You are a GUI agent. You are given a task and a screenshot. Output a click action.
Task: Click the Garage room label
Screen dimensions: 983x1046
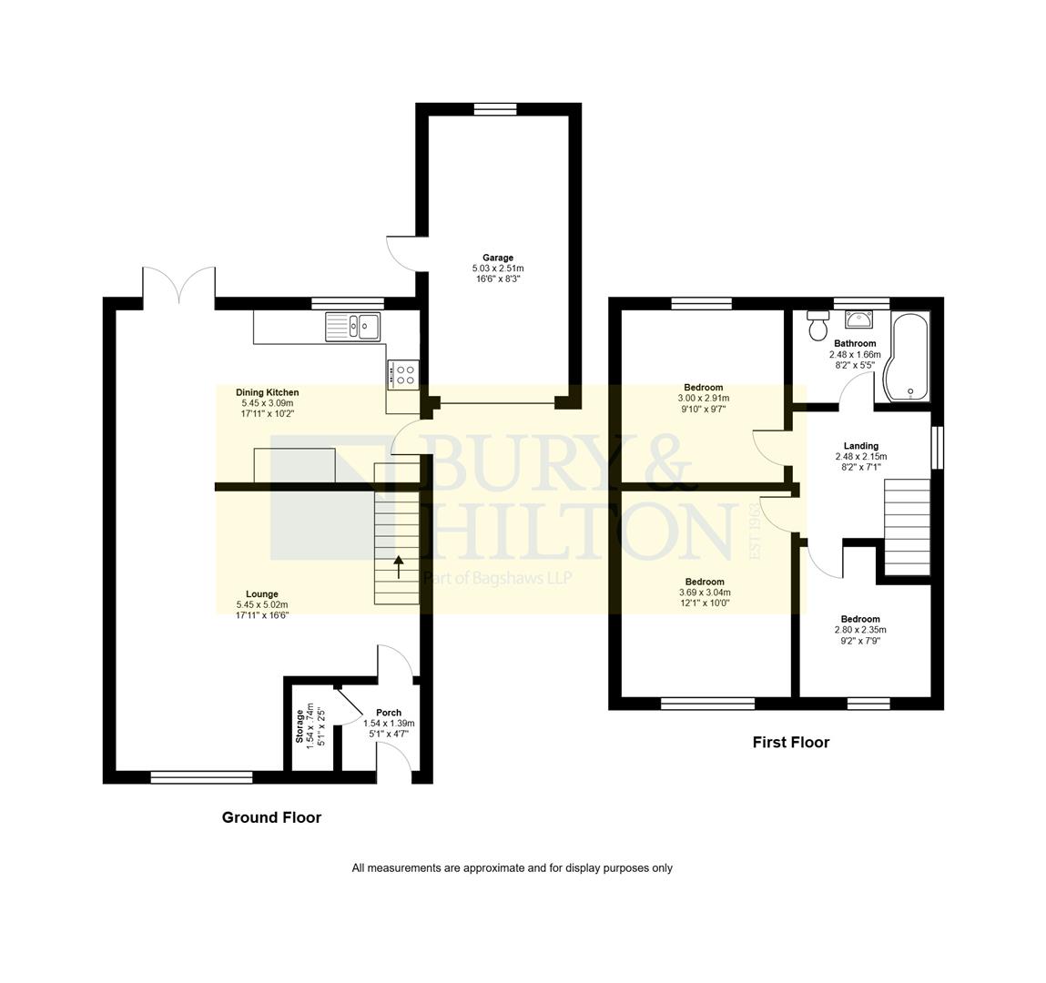tap(498, 258)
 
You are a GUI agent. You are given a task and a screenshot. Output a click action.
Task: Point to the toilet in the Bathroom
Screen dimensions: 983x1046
tap(817, 325)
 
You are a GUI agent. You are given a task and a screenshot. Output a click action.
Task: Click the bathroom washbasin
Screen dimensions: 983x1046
tap(858, 319)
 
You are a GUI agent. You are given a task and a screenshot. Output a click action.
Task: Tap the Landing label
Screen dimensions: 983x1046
tap(860, 446)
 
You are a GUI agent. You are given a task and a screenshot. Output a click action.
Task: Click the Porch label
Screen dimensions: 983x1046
tap(389, 713)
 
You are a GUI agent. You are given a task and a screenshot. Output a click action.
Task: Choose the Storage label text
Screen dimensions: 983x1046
tap(300, 725)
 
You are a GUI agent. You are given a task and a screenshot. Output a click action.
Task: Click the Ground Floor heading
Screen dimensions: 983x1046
tap(271, 817)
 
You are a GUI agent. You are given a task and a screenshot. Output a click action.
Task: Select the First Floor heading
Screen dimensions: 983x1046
tap(790, 743)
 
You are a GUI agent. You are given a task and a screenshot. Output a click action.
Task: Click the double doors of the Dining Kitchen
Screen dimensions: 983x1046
tap(179, 285)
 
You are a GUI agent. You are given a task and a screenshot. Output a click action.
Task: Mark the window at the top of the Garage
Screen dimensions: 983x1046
tap(494, 109)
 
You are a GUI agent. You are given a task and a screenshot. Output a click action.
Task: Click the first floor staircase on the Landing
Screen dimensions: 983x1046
tap(908, 528)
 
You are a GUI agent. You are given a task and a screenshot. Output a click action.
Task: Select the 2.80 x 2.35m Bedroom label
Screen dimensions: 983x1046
tap(860, 630)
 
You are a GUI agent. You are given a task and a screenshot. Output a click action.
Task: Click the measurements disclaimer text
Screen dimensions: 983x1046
tap(512, 868)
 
